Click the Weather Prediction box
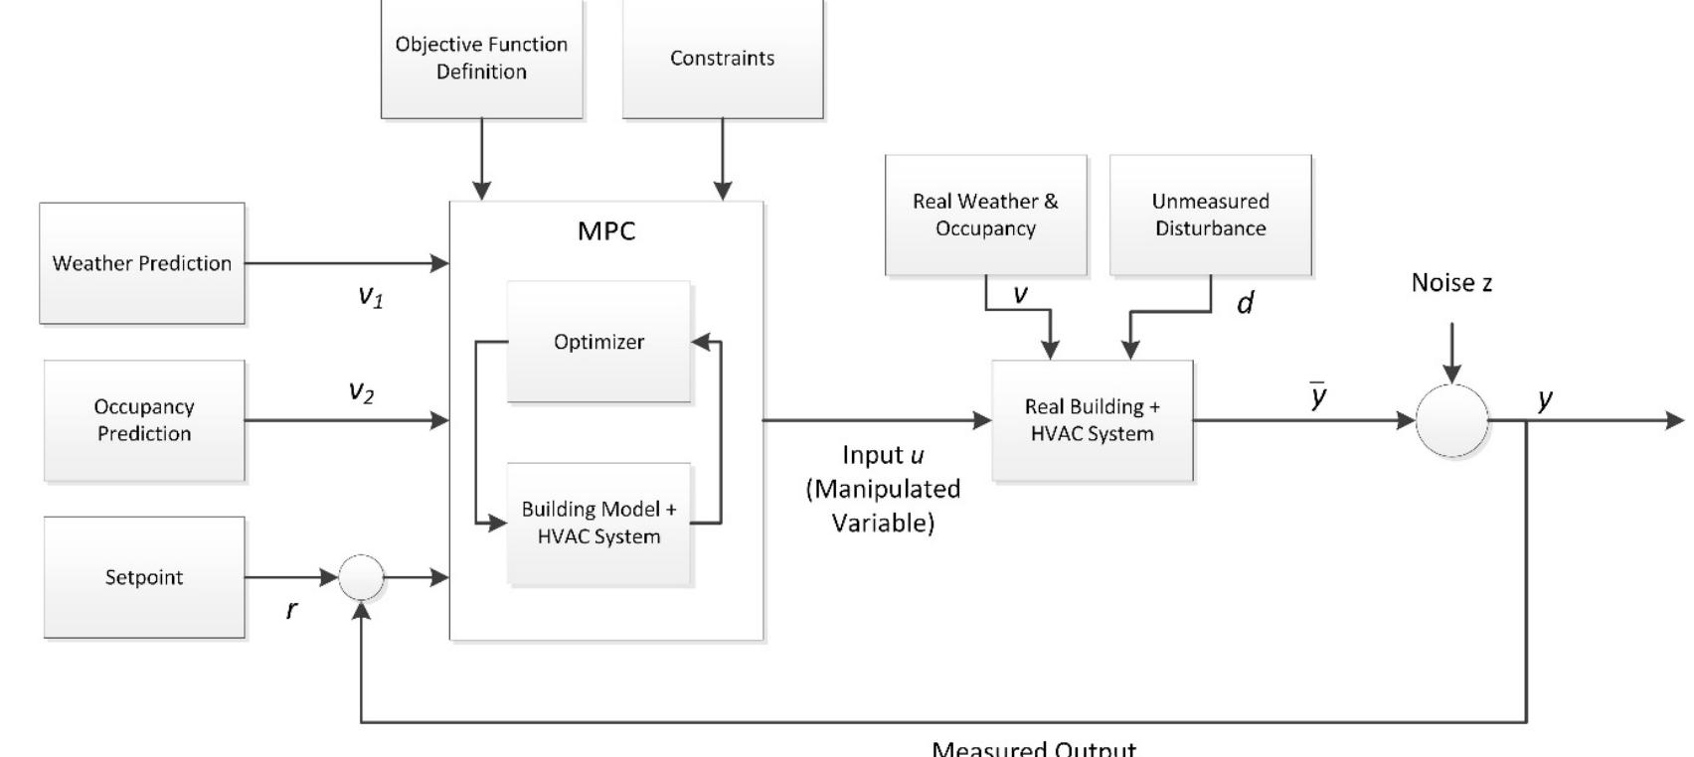click(142, 263)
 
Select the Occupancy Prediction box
click(144, 420)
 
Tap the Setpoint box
click(144, 577)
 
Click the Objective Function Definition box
click(481, 59)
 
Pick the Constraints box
click(723, 59)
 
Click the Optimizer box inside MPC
click(598, 342)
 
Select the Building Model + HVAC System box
click(598, 524)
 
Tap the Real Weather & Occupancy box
click(985, 215)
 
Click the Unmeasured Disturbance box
click(1210, 215)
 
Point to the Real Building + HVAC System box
click(1092, 420)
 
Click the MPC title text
click(606, 231)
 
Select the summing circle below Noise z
click(1451, 420)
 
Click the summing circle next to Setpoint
click(361, 577)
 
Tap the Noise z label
click(1451, 284)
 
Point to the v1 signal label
click(370, 296)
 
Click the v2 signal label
click(361, 391)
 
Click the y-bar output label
click(1318, 397)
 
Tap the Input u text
click(883, 455)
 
